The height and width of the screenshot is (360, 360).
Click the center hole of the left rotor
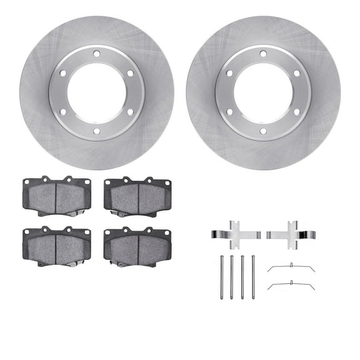(x=96, y=92)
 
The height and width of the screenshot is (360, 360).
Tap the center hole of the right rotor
(x=262, y=92)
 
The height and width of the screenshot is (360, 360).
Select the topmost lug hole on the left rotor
(x=96, y=54)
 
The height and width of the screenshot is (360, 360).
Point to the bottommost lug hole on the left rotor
(x=96, y=131)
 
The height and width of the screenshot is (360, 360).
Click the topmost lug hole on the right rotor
(x=262, y=54)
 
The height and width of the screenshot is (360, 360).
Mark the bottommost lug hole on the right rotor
(x=262, y=131)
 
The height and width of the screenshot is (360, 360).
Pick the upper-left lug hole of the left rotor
(x=63, y=73)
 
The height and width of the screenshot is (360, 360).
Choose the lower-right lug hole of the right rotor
(x=296, y=112)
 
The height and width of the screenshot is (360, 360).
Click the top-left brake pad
(x=56, y=196)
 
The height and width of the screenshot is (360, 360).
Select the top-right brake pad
(x=137, y=196)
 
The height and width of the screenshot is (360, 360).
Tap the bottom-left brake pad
(x=56, y=246)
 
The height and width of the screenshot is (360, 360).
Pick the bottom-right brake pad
(x=137, y=246)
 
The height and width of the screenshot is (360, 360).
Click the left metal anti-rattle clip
(x=236, y=234)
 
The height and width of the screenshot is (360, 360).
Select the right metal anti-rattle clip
(x=291, y=234)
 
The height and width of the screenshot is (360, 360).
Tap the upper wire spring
(x=291, y=267)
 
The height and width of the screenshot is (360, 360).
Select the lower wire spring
(x=291, y=286)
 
